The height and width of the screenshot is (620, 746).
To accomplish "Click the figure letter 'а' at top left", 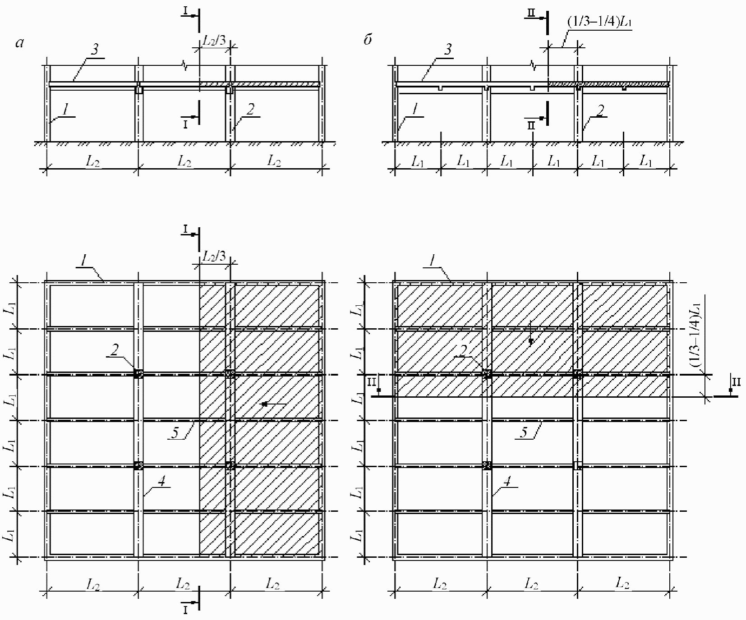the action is (x=19, y=43).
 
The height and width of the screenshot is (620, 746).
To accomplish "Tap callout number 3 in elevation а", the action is (x=95, y=50).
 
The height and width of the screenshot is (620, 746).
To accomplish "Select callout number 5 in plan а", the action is (x=175, y=432).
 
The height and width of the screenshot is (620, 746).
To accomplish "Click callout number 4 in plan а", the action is (x=162, y=482).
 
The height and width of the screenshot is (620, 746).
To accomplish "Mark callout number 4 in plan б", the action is (x=507, y=482).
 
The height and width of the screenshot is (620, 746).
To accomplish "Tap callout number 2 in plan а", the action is (x=115, y=350).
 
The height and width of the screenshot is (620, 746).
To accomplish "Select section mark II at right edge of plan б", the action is (x=736, y=383).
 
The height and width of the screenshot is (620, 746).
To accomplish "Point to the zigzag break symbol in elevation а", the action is (x=185, y=66).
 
